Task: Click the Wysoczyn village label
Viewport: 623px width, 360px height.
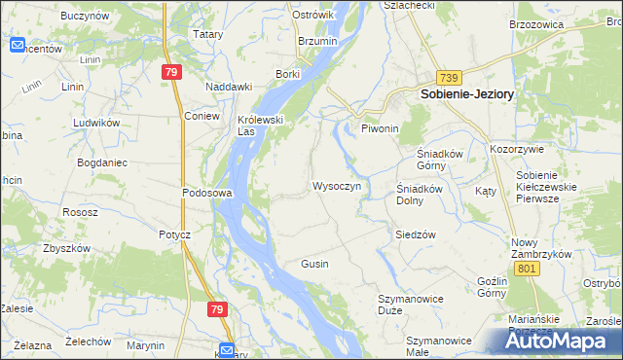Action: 337,186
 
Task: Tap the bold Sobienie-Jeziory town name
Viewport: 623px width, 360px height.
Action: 466,95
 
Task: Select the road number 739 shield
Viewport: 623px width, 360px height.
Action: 448,77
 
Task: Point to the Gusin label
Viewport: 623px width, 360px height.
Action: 314,264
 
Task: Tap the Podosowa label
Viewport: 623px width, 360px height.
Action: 206,193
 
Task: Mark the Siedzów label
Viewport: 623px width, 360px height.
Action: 415,234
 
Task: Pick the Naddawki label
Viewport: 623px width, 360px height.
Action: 229,86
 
